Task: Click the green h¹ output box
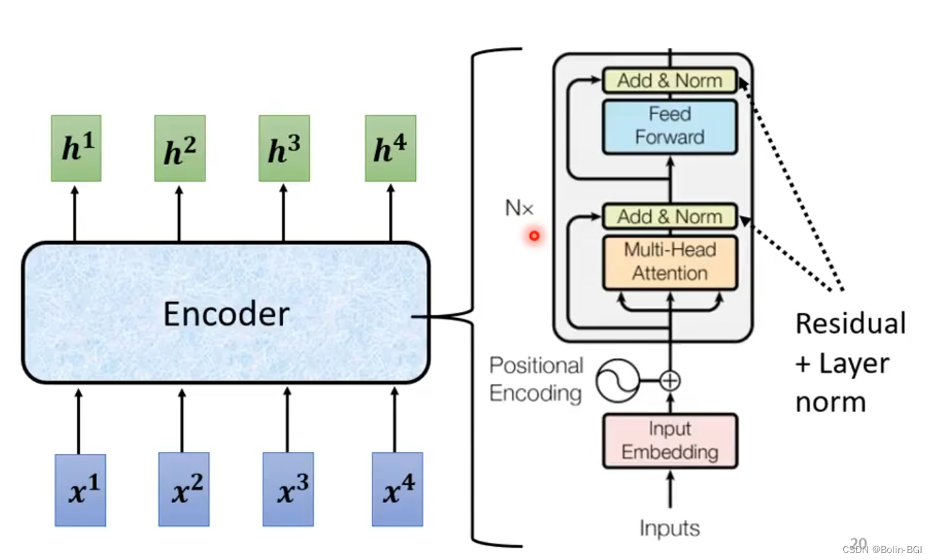tap(76, 148)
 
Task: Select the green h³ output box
tap(284, 148)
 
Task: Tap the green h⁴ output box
tap(390, 148)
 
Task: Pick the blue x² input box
tap(184, 489)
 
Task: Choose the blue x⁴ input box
tap(397, 489)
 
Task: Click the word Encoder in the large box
tap(226, 314)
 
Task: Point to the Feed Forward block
tap(669, 126)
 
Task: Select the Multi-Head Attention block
tap(669, 262)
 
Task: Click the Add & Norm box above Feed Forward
tap(669, 80)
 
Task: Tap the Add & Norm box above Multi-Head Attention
tap(669, 216)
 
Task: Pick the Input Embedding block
tap(669, 441)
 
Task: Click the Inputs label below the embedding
tap(669, 528)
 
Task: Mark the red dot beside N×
tap(533, 236)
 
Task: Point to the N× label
tap(519, 208)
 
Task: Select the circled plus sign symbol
tap(669, 380)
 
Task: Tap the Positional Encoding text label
tap(536, 379)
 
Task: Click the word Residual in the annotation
tap(850, 324)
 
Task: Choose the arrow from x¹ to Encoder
tap(78, 421)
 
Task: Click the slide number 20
tap(858, 543)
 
